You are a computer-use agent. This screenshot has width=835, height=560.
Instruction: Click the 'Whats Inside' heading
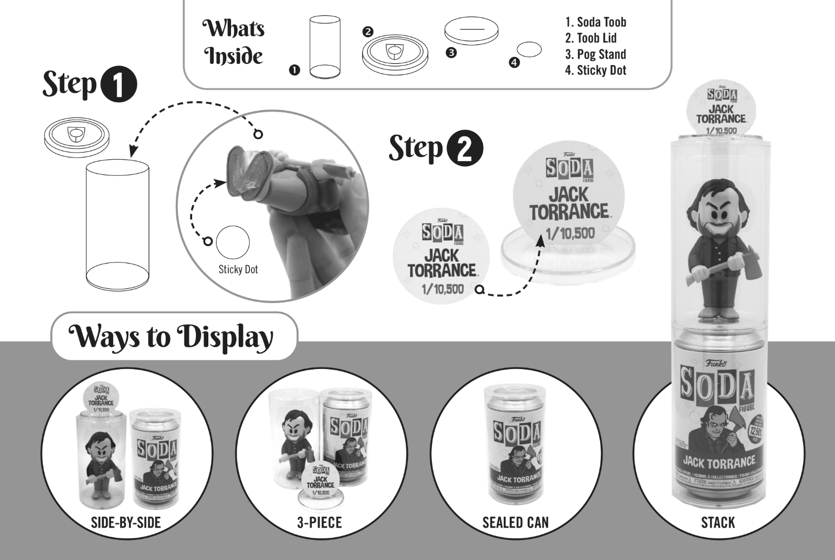click(233, 42)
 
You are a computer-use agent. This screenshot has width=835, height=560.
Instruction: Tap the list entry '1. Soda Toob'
click(595, 22)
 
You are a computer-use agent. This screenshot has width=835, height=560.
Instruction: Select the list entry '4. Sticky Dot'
click(595, 70)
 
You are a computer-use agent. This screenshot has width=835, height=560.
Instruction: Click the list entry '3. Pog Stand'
click(595, 54)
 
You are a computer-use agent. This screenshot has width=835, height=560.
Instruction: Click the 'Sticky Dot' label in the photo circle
click(238, 269)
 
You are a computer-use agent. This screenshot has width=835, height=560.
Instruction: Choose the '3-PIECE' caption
click(320, 522)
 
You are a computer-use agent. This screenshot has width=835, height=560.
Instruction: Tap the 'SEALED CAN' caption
click(515, 522)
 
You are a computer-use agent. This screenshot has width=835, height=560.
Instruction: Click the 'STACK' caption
click(718, 522)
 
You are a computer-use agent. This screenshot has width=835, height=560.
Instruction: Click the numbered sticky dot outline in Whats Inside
click(529, 49)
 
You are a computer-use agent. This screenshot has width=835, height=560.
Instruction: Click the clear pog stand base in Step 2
click(563, 257)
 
